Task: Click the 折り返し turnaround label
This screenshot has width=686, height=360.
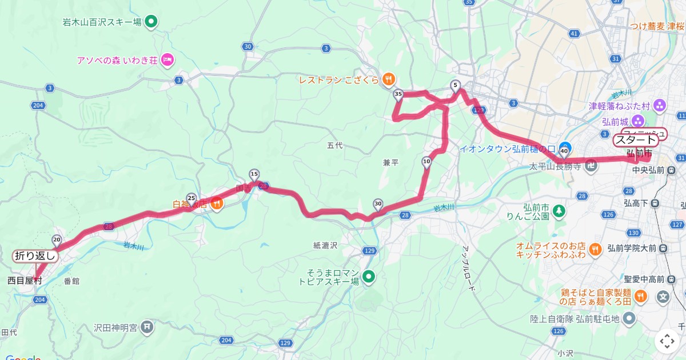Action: coord(35,256)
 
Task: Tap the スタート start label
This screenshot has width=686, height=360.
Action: coord(635,140)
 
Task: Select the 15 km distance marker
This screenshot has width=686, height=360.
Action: coord(254,174)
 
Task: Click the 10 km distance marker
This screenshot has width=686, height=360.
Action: coord(426,162)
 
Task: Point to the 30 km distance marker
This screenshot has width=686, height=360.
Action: coord(377,203)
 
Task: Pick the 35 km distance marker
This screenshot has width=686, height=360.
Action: coord(398,94)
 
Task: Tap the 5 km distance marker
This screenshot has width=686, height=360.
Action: coord(456,86)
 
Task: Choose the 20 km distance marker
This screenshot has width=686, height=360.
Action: coord(57,239)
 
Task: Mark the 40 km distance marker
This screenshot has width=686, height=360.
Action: coord(564,151)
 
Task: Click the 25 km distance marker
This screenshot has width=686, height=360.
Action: coord(192,198)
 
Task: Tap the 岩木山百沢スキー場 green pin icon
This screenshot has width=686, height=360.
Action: coord(151,23)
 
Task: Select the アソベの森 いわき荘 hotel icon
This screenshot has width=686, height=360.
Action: coord(167,59)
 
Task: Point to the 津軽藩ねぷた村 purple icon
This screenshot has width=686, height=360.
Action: coord(660,106)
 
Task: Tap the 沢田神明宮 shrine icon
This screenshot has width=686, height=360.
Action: coord(147,327)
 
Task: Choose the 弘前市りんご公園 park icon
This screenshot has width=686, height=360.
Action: coord(559,212)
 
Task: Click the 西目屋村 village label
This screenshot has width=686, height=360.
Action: coord(25,281)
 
